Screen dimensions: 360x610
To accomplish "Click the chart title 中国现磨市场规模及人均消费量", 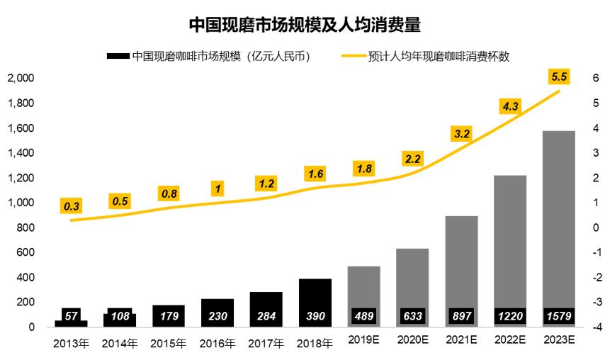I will (305, 26).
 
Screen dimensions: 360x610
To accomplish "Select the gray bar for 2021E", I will (461, 262).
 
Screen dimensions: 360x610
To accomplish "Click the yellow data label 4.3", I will (509, 106).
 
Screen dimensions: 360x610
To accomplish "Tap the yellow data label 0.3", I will (72, 206).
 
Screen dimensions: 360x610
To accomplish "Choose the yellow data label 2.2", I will (412, 159).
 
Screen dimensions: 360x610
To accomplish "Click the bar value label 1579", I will (558, 315).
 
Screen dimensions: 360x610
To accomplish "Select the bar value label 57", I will (72, 315).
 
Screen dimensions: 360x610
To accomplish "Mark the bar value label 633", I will (412, 315).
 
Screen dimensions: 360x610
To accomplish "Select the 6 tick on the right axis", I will (596, 78).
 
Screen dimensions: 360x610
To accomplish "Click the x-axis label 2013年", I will (72, 344).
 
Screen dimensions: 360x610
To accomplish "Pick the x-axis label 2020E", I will (412, 341).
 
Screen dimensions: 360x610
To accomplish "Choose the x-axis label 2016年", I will (218, 344).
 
